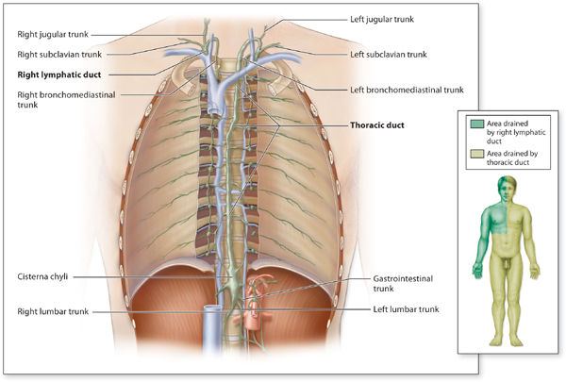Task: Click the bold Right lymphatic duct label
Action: coord(58,74)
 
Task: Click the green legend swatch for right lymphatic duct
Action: coord(475,122)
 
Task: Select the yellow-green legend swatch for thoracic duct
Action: coord(475,152)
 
